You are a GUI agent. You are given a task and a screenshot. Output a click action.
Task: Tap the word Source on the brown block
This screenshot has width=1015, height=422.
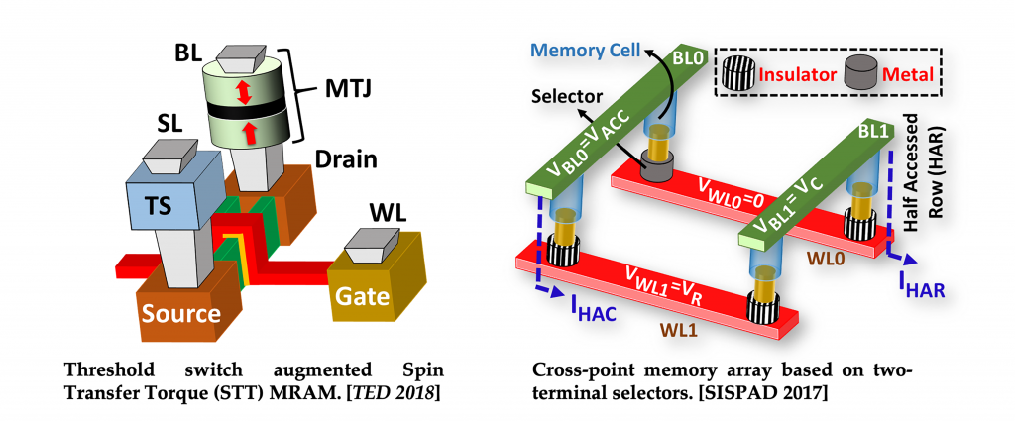(x=180, y=314)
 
